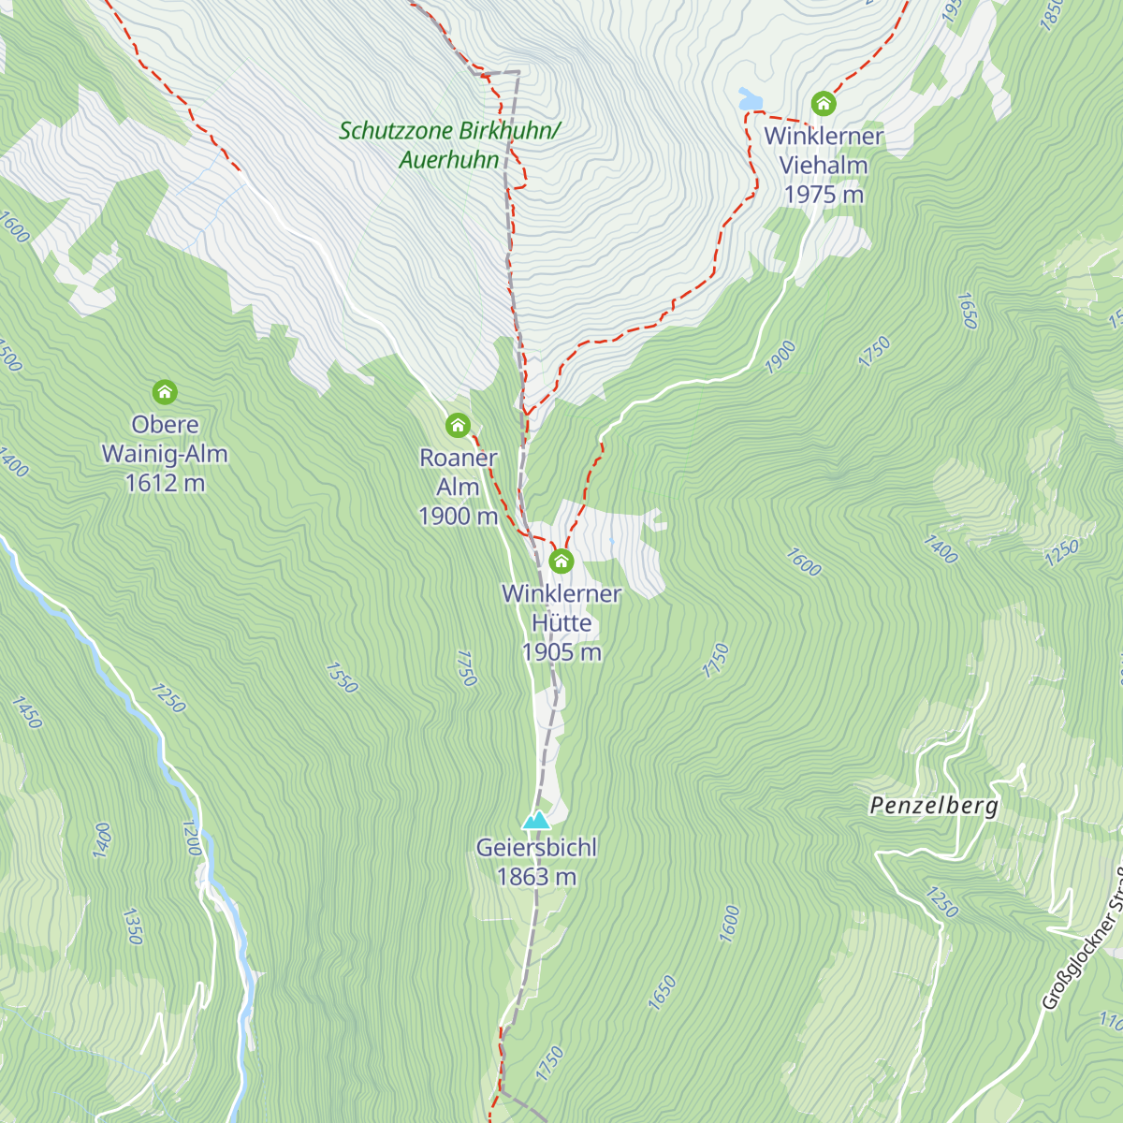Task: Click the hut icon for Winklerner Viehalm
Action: click(x=824, y=102)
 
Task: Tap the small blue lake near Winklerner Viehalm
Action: click(x=750, y=97)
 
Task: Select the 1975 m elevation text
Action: click(x=824, y=195)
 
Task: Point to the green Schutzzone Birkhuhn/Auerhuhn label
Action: click(x=449, y=145)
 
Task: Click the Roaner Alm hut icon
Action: click(x=458, y=426)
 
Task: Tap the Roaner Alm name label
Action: click(x=458, y=472)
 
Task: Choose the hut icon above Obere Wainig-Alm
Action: click(x=165, y=391)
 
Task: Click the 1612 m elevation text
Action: click(x=165, y=483)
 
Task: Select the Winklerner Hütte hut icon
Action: click(x=561, y=561)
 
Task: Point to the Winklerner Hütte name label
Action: click(x=561, y=607)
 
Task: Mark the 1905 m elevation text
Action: click(x=561, y=652)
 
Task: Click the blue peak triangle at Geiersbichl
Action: click(x=536, y=821)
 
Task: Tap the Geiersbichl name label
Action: click(x=536, y=848)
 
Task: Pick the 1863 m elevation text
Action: click(x=536, y=877)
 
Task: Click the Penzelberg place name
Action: click(x=934, y=806)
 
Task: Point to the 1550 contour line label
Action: click(x=342, y=678)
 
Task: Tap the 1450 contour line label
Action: click(x=27, y=712)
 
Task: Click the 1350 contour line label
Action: click(x=131, y=925)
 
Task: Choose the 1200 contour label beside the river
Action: click(x=192, y=838)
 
